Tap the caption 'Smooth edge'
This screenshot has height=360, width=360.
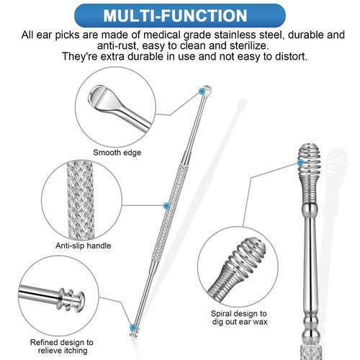pos(116,152)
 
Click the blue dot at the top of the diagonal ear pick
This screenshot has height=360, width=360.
pos(204,91)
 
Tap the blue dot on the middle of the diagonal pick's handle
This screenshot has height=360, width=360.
pos(167,205)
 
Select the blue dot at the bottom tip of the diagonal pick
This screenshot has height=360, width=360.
pos(132,327)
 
